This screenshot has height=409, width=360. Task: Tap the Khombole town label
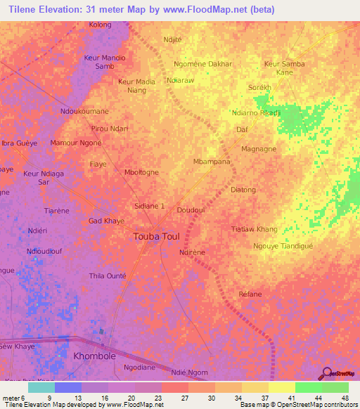[99, 356]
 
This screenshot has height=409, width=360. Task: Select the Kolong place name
[100, 25]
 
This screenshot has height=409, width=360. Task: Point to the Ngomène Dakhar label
[202, 64]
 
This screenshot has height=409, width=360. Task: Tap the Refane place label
[250, 294]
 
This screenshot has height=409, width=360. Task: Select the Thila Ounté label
[106, 275]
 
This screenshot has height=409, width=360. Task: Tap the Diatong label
[243, 190]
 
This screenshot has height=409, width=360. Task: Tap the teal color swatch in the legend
[41, 387]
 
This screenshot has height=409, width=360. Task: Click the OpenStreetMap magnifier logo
[327, 375]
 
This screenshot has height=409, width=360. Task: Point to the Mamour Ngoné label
[77, 143]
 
